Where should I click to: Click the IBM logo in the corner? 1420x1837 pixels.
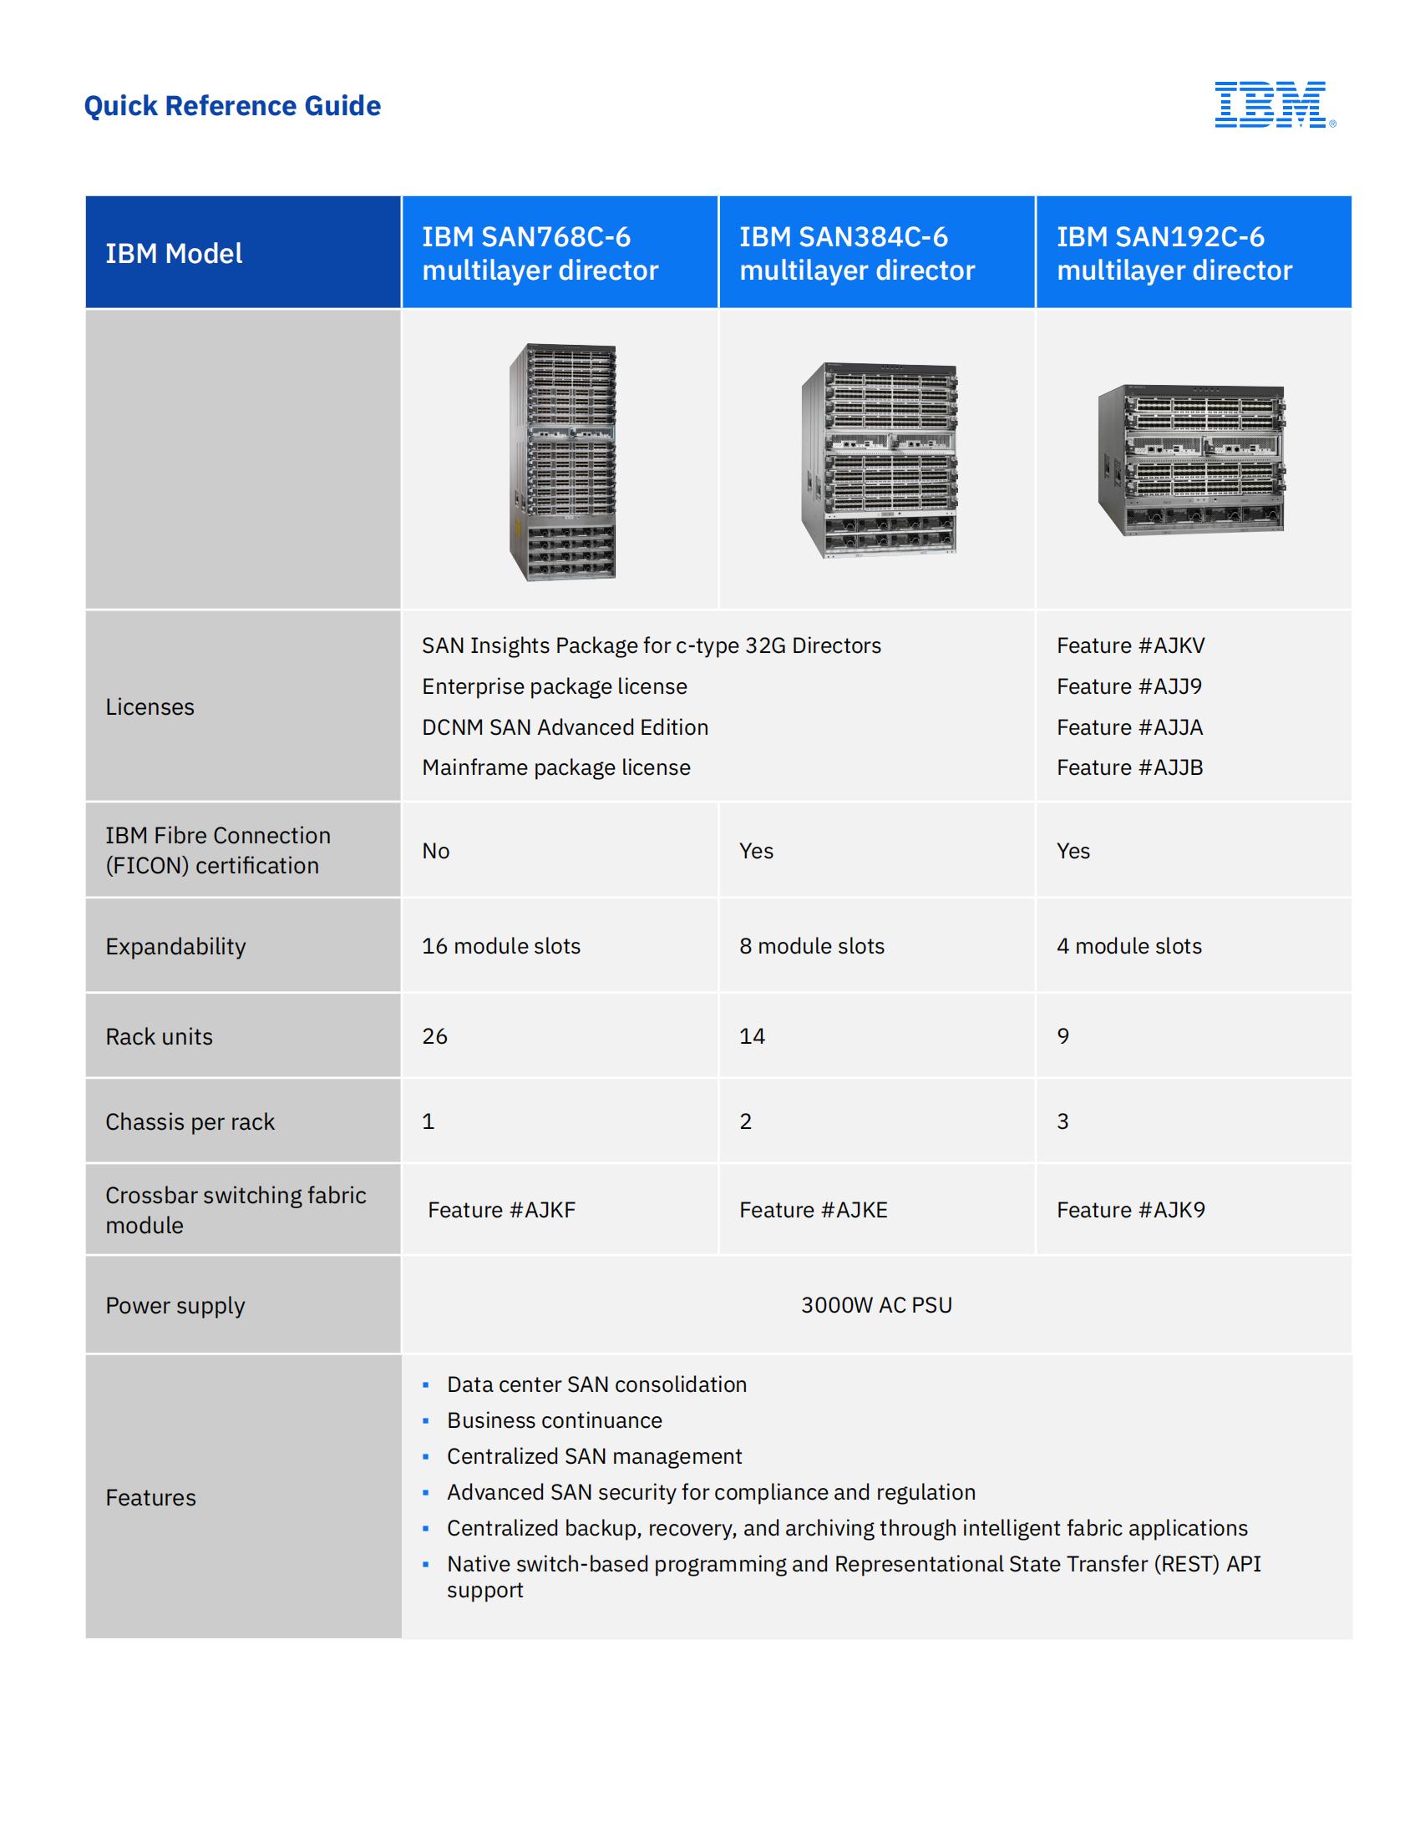tap(1274, 104)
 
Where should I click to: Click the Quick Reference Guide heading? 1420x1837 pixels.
tap(232, 106)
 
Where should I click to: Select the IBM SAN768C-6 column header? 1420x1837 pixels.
tap(540, 253)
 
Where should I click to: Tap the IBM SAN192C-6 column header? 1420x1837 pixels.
tap(1174, 253)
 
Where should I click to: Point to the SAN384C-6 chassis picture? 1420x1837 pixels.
tap(879, 460)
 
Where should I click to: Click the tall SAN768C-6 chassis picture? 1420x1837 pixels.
tap(563, 462)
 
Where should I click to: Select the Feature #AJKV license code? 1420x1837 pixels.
tap(1131, 645)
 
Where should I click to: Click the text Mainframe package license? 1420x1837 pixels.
tap(556, 767)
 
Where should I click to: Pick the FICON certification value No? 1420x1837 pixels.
tap(436, 850)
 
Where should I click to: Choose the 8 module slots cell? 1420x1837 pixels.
tap(812, 945)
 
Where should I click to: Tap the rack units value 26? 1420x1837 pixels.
tap(435, 1035)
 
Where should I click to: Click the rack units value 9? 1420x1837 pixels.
tap(1063, 1035)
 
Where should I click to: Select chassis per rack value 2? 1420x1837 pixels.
tap(745, 1121)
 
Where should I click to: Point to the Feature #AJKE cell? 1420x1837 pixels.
tap(814, 1210)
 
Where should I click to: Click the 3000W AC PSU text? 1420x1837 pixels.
tap(876, 1304)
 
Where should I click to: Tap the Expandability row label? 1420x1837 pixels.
tap(175, 946)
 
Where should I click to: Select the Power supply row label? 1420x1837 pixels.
tap(175, 1305)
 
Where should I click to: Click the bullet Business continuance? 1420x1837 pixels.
tap(555, 1419)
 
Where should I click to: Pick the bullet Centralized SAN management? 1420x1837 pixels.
tap(594, 1456)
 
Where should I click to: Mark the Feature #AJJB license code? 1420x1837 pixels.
tap(1130, 767)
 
